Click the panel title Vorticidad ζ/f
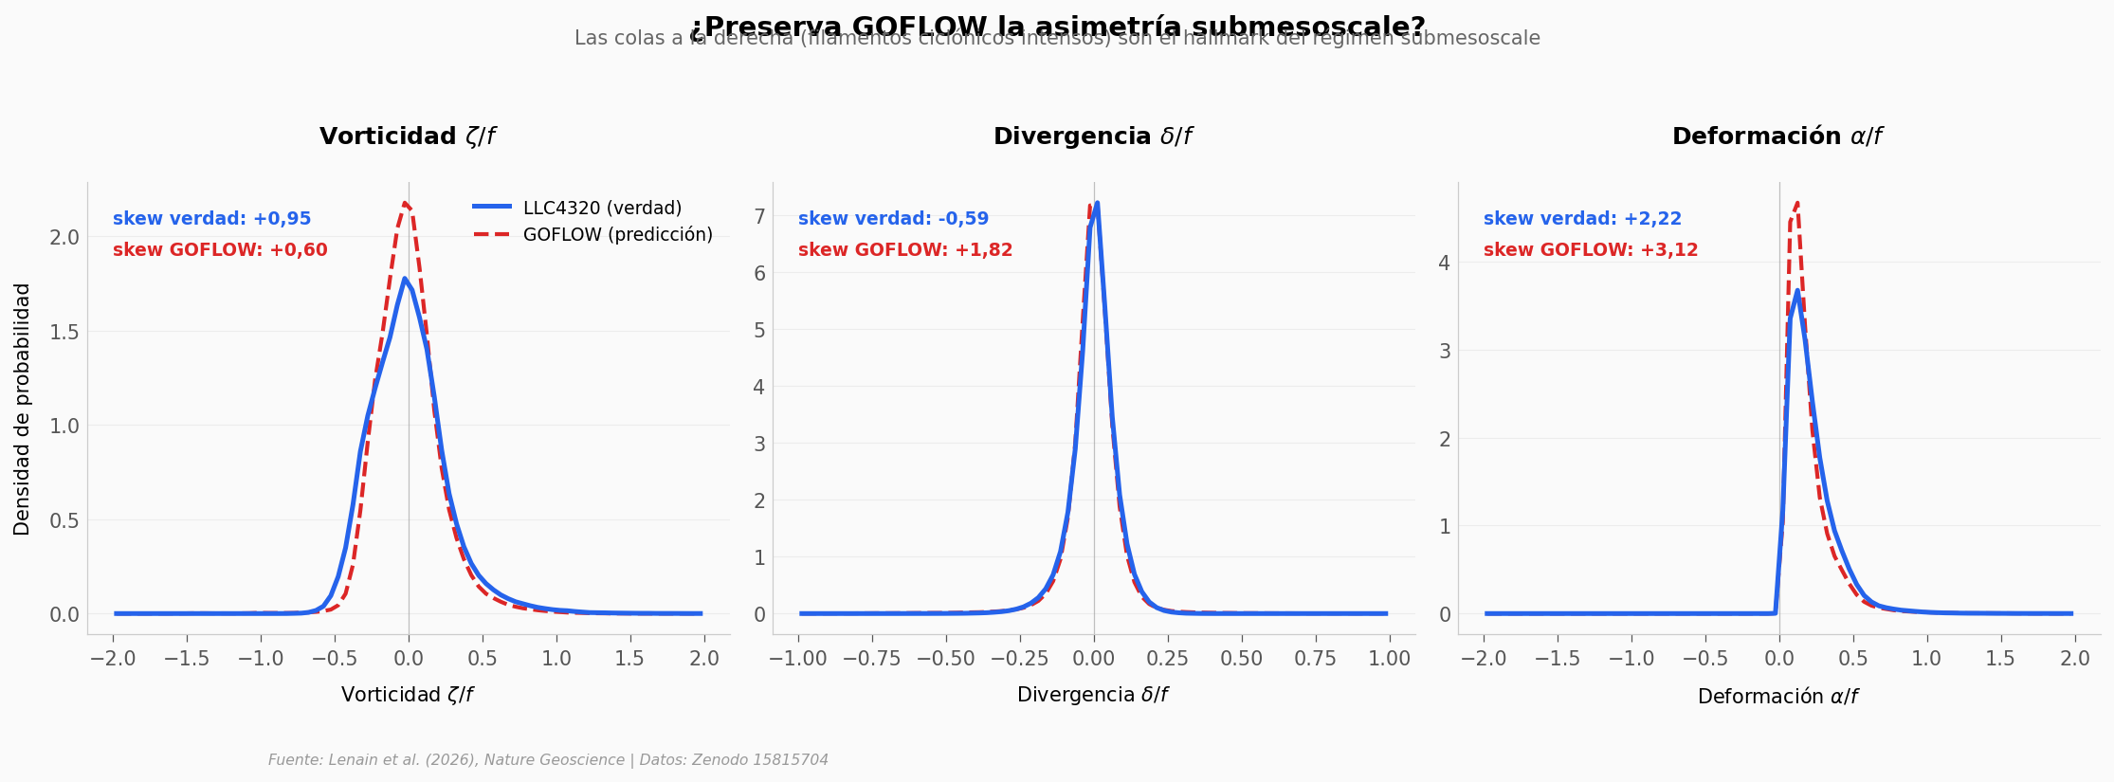[408, 136]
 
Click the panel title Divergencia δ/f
[1092, 136]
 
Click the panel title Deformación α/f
[1777, 136]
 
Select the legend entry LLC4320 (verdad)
[601, 209]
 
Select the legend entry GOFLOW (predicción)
[617, 235]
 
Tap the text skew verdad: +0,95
[211, 219]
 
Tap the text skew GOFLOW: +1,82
[905, 250]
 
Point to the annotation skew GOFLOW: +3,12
[1591, 250]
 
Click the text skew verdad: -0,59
[893, 219]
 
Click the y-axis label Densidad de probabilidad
[22, 409]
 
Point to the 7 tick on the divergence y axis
[759, 217]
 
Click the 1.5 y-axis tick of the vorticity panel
[64, 332]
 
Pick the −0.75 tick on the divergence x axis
[872, 659]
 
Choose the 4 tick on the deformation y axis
[1445, 263]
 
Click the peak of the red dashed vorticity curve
[405, 203]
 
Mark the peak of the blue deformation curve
[1796, 291]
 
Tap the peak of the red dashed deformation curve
[1796, 203]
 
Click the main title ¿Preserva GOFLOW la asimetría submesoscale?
[1057, 26]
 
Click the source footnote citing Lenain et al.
[548, 760]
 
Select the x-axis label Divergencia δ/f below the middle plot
[1092, 695]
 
